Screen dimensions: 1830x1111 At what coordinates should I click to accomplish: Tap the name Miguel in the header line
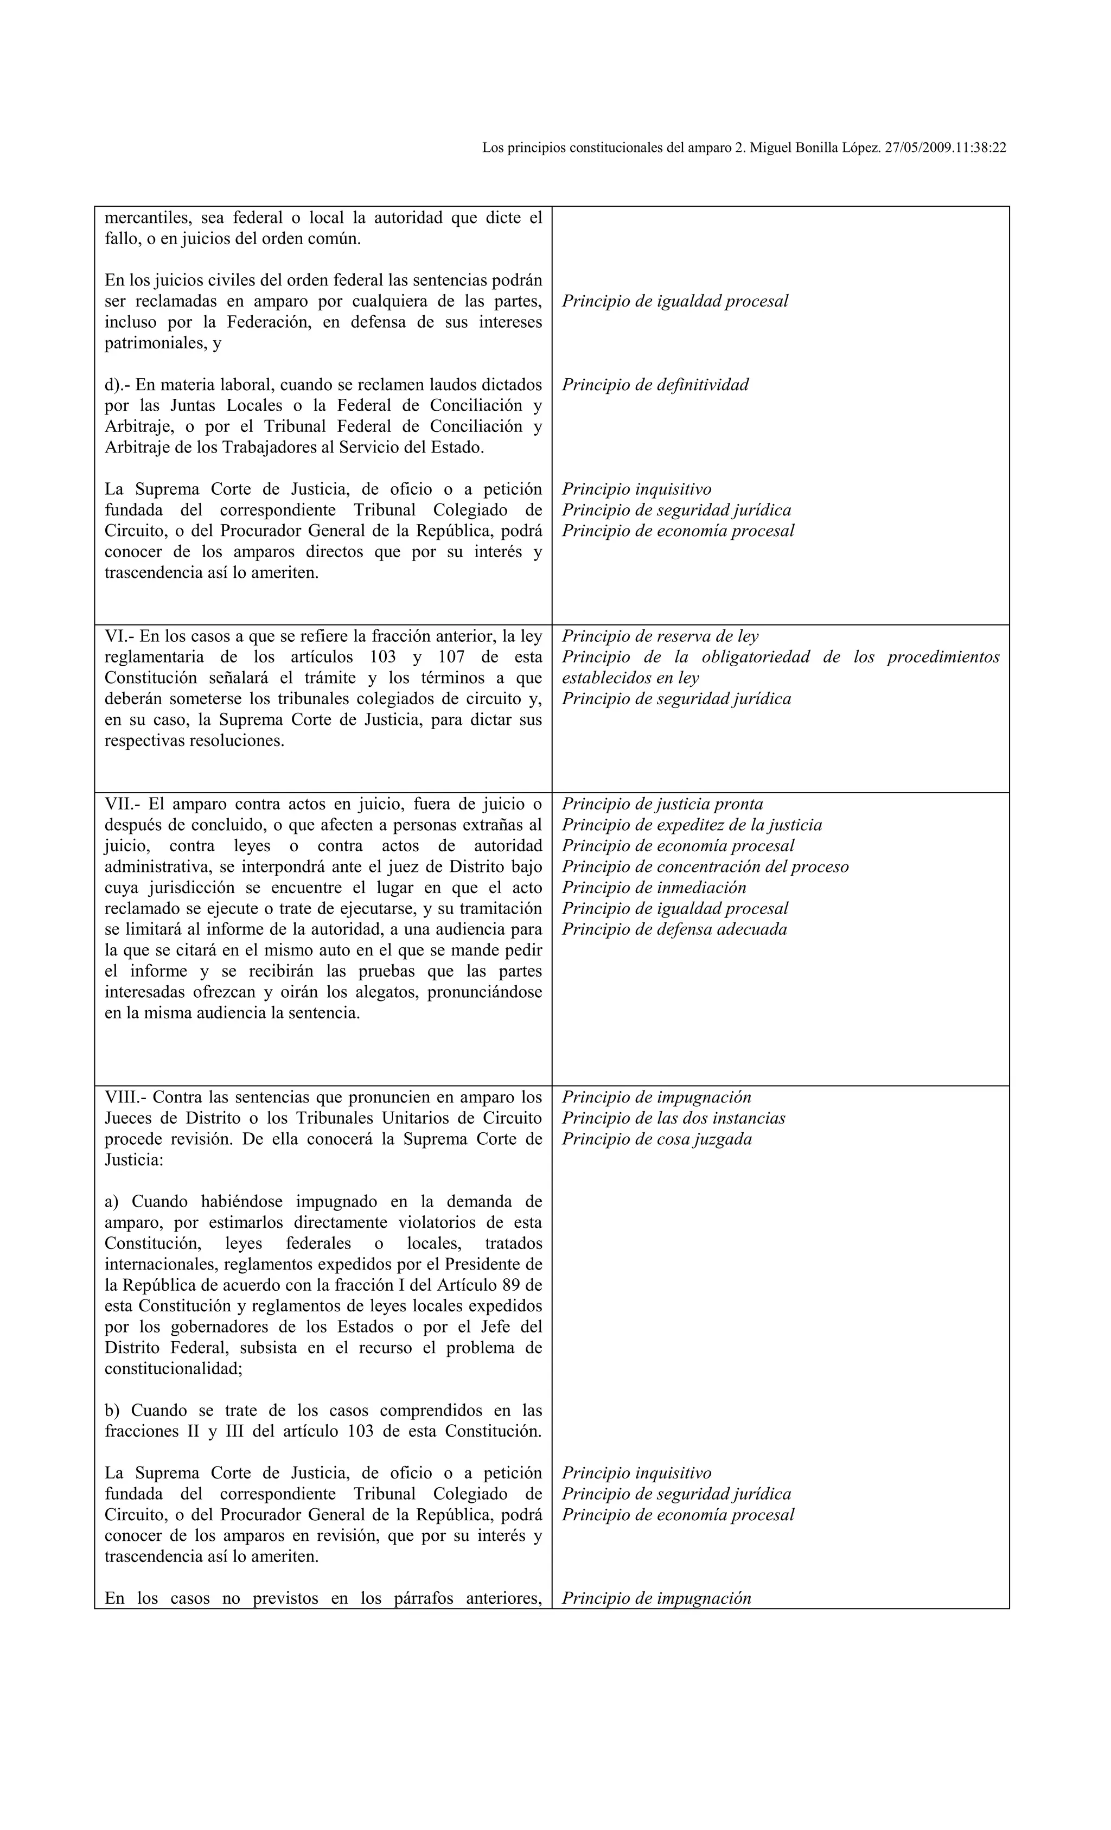pyautogui.click(x=773, y=148)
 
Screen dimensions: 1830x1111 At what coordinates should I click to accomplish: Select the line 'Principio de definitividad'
pyautogui.click(x=655, y=385)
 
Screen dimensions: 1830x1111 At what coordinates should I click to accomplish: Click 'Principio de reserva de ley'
pyautogui.click(x=660, y=636)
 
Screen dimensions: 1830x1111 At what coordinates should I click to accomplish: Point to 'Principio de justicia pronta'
pyautogui.click(x=662, y=805)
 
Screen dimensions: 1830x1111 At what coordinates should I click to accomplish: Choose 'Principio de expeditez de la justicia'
pyautogui.click(x=692, y=825)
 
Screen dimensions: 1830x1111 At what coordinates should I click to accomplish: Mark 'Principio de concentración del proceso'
pyautogui.click(x=705, y=867)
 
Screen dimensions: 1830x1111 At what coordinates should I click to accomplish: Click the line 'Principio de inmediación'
pyautogui.click(x=654, y=888)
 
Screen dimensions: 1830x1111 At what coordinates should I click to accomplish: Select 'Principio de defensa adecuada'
pyautogui.click(x=674, y=929)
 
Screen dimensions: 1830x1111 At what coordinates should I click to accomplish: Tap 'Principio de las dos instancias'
pyautogui.click(x=673, y=1119)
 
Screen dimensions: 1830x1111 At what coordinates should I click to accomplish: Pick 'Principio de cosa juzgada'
pyautogui.click(x=656, y=1139)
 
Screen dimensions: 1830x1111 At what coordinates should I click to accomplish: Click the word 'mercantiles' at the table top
pyautogui.click(x=145, y=218)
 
